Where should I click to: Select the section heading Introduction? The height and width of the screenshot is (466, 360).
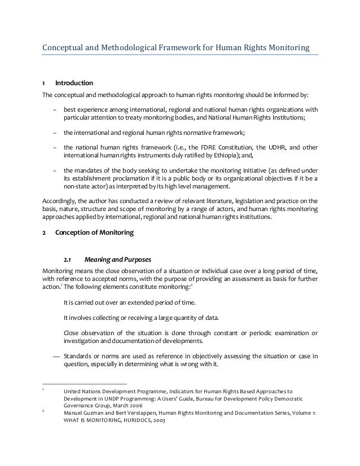point(74,84)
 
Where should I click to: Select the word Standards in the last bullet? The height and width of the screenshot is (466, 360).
point(80,355)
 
